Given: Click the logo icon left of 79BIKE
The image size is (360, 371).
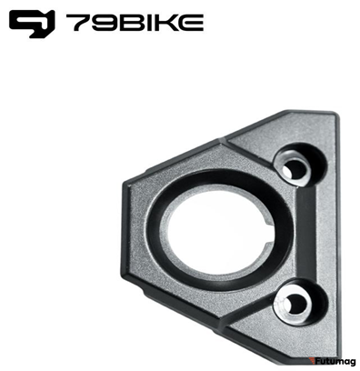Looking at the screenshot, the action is coord(32,24).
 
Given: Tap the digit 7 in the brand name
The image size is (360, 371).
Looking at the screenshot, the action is coord(79,23).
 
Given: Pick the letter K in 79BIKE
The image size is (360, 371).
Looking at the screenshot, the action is coord(166,23).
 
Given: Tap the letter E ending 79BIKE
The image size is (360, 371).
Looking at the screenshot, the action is coord(191,23).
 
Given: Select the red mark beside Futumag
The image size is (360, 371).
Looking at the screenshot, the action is coord(312,361).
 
